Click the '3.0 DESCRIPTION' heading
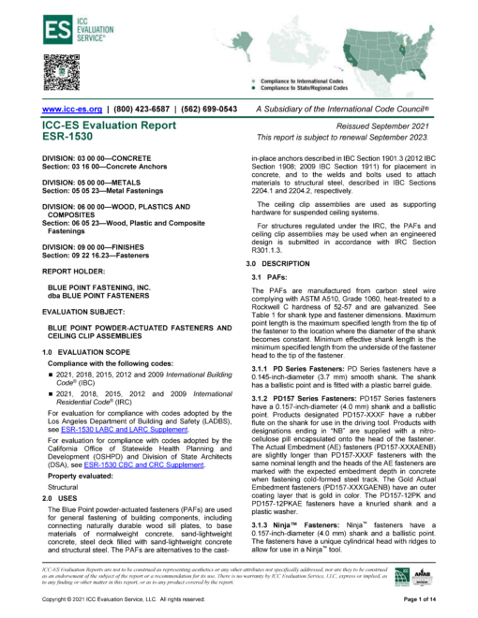(x=271, y=266)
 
